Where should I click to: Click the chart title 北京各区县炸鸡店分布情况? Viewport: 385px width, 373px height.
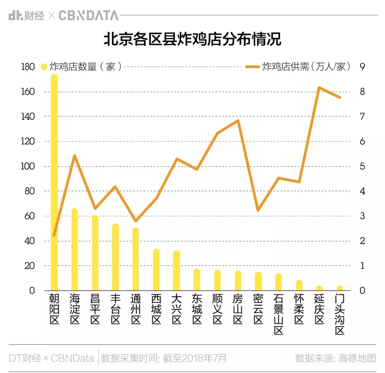(192, 40)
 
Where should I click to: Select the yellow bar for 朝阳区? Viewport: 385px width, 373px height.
(54, 182)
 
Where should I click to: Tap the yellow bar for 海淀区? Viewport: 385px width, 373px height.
(75, 250)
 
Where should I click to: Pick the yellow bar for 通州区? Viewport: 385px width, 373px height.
(135, 259)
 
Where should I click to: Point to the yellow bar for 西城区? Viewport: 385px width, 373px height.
(156, 270)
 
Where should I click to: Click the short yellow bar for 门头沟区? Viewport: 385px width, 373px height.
(340, 288)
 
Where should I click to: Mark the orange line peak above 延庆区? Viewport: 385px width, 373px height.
(319, 87)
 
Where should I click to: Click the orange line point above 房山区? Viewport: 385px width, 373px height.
(238, 121)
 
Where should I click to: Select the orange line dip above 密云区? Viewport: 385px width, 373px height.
(258, 210)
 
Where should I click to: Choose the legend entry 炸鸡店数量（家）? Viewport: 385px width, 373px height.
(82, 67)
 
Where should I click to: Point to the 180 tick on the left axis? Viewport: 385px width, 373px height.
(28, 67)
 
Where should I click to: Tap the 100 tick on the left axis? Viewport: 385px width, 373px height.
(28, 167)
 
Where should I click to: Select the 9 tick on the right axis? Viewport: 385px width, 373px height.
(363, 67)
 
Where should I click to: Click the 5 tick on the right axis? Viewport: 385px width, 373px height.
(363, 167)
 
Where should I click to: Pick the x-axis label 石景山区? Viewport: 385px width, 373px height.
(279, 314)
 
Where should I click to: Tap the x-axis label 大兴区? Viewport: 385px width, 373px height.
(176, 309)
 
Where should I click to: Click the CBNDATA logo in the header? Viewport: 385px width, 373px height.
(88, 15)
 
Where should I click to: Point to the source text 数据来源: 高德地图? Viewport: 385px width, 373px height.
(335, 358)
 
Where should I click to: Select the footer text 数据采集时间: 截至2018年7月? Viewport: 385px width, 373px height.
(164, 358)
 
